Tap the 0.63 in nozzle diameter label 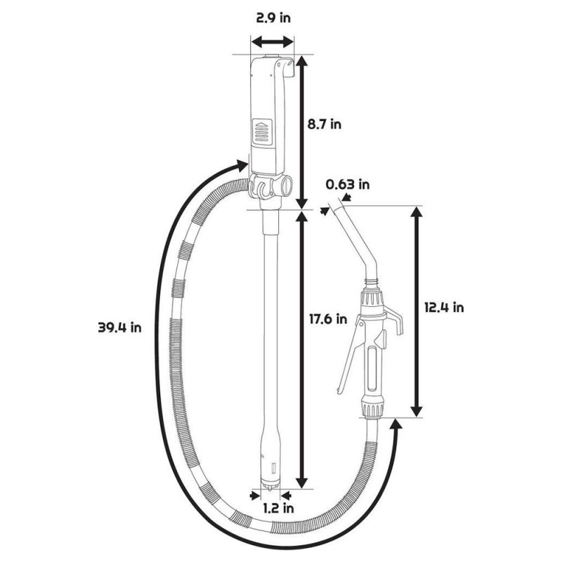click(347, 185)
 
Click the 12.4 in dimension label click(444, 307)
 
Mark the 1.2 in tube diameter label click(277, 507)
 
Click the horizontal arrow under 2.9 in click(273, 43)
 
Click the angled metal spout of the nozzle click(360, 243)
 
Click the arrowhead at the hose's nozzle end click(395, 424)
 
